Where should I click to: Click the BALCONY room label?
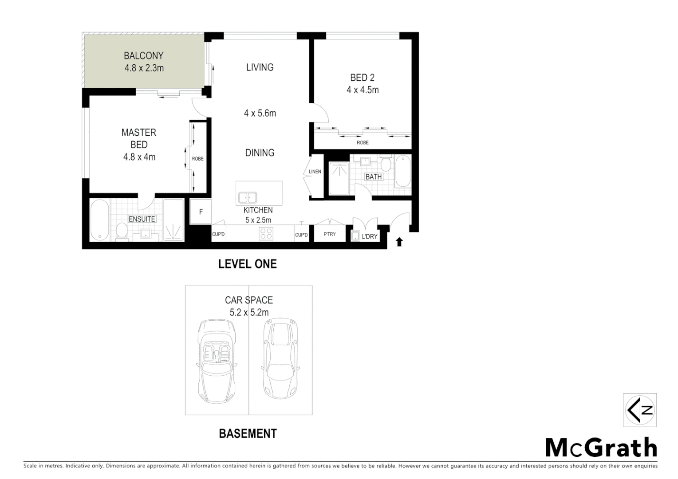click(143, 56)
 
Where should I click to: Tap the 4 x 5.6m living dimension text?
click(260, 114)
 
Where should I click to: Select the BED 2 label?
click(362, 78)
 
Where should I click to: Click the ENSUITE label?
click(142, 219)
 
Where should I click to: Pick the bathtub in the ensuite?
click(99, 220)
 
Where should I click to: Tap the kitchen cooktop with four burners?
click(266, 233)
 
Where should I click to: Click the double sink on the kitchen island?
click(247, 197)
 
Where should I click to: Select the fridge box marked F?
click(201, 212)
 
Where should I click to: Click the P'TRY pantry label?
click(329, 234)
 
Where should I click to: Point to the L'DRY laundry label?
click(369, 236)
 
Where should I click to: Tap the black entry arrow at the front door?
click(399, 242)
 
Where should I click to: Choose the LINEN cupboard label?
click(315, 172)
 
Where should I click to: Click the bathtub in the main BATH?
click(403, 171)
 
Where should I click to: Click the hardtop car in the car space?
click(280, 358)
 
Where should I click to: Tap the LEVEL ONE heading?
click(247, 264)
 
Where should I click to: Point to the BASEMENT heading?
click(248, 433)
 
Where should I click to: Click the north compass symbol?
click(639, 410)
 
